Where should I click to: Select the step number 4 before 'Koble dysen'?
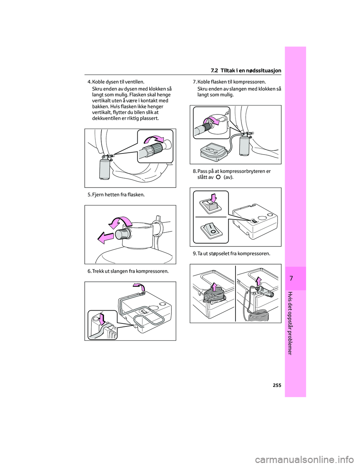click(89, 82)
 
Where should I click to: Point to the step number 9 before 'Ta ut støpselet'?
click(194, 254)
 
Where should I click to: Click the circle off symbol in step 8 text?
click(218, 177)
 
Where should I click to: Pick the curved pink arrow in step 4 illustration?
click(154, 140)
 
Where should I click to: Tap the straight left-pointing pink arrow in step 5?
click(105, 238)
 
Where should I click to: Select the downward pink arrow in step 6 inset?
click(102, 319)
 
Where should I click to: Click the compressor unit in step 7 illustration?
click(213, 152)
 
